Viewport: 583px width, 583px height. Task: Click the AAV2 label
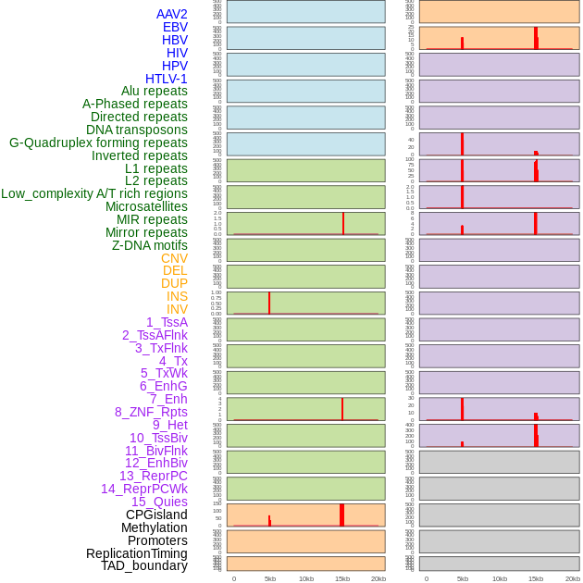[x=171, y=14]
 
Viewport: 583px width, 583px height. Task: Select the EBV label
[x=175, y=27]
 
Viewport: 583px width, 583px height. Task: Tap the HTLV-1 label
[x=166, y=79]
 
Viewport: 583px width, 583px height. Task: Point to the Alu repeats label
[x=155, y=91]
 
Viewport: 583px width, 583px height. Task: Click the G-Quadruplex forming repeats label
[x=98, y=143]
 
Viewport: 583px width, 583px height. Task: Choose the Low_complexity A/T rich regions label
[x=94, y=193]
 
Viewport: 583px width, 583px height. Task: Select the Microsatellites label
[x=146, y=206]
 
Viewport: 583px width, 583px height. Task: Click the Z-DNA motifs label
[x=150, y=245]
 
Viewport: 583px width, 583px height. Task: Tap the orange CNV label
[x=174, y=258]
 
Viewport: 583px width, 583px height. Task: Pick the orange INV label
[x=177, y=309]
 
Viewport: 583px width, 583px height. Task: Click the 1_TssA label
[x=167, y=322]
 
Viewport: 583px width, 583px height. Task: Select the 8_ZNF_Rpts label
[x=151, y=412]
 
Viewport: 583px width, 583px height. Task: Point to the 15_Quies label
[x=159, y=502]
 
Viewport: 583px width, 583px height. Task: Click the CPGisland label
[x=156, y=515]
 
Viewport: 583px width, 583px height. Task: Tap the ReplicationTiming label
[x=137, y=553]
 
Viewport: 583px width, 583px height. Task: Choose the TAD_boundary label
[x=144, y=565]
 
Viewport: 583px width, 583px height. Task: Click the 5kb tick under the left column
[x=270, y=578]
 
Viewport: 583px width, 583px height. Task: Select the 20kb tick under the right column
[x=573, y=578]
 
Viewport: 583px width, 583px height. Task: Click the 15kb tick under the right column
[x=536, y=578]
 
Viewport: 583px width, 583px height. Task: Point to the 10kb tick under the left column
[x=306, y=578]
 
